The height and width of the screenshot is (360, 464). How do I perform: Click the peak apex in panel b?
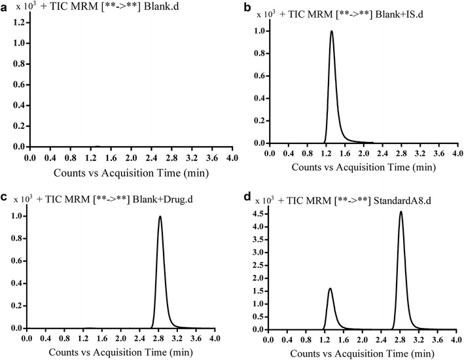[x=332, y=31]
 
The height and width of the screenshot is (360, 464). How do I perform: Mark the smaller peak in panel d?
[x=330, y=289]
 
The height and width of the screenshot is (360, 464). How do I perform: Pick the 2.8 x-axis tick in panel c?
[x=159, y=339]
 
